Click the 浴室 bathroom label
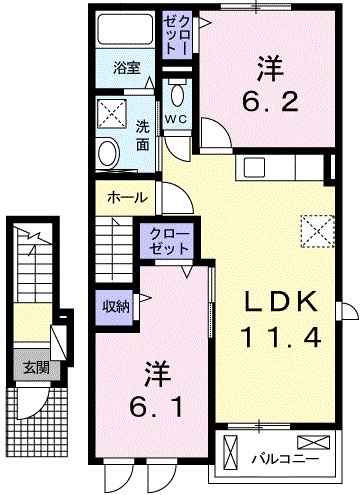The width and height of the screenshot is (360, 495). point(126,68)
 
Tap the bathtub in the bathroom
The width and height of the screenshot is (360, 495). point(126,29)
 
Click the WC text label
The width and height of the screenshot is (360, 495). point(177,119)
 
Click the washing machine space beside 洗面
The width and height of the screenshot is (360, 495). point(112,113)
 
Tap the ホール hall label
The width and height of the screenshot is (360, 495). point(127,198)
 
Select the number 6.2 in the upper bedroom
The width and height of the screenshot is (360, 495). point(270,85)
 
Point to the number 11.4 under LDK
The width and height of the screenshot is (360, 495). point(280,336)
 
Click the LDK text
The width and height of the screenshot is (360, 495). point(280,301)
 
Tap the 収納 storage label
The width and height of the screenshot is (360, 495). point(116,306)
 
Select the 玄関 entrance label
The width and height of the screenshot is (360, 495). point(37,368)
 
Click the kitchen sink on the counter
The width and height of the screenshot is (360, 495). point(254,168)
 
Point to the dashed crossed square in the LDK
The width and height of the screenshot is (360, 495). point(317,231)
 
